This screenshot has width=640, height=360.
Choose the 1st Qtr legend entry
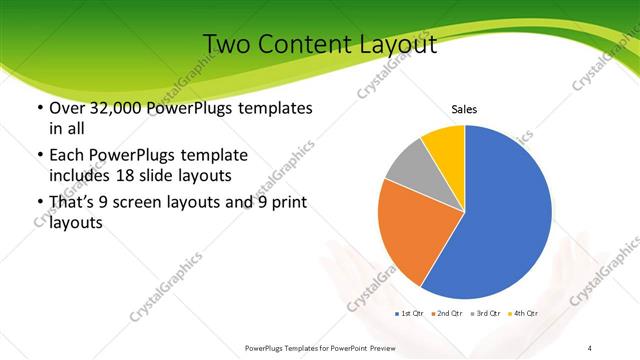point(411,314)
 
